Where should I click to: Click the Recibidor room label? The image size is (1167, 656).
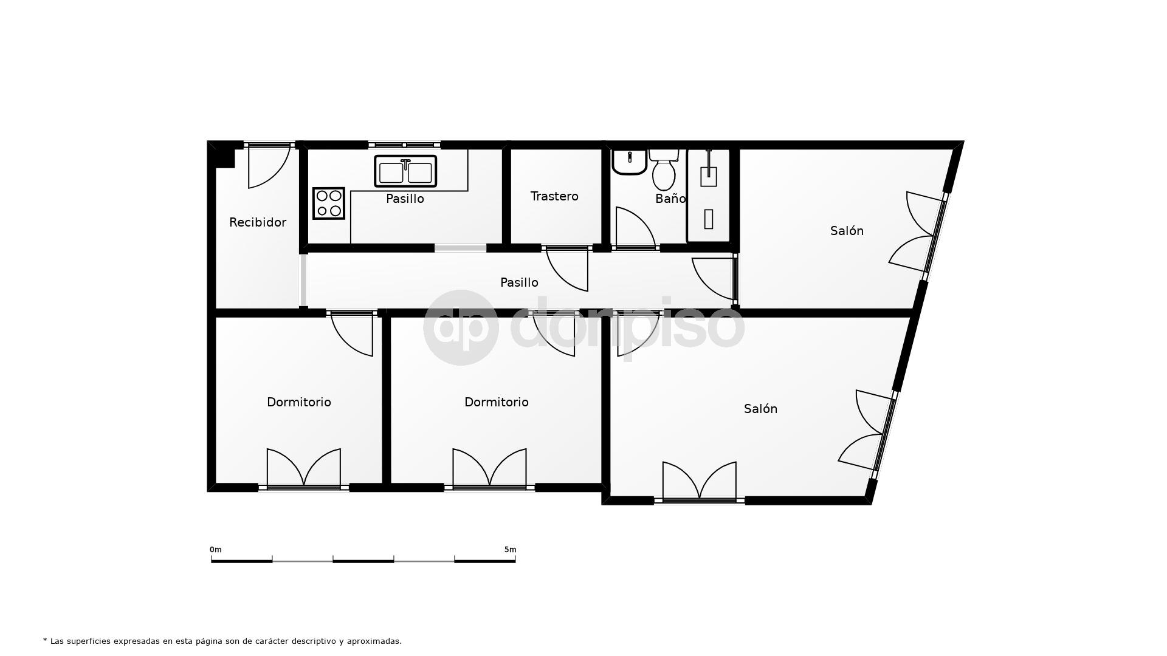(258, 222)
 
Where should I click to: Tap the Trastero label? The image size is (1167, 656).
(554, 196)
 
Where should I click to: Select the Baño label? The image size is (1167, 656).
(670, 198)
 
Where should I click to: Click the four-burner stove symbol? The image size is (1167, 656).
(329, 203)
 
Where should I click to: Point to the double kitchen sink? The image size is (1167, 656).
(405, 171)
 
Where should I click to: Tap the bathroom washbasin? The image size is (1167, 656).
(629, 162)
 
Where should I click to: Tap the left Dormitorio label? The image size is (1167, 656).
(299, 402)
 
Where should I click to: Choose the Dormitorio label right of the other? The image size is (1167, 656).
(497, 402)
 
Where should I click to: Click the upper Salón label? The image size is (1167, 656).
(847, 231)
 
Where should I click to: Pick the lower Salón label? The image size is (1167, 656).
(760, 409)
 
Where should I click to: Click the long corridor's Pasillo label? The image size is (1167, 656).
(519, 282)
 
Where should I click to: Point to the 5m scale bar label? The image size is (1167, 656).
(510, 550)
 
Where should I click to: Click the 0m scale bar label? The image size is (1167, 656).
(216, 550)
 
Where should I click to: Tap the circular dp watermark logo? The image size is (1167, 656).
(461, 328)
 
